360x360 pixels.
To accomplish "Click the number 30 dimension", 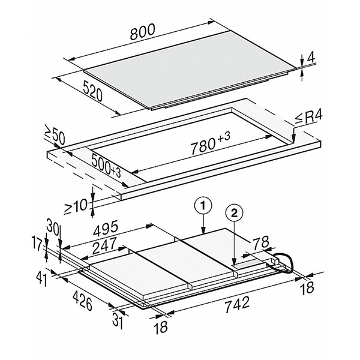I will (53, 230).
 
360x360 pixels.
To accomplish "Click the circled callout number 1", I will (203, 206).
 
